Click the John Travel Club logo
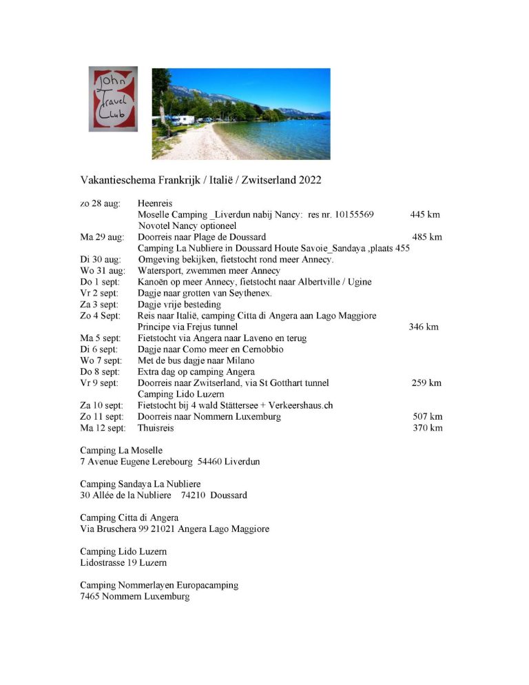pos(112,99)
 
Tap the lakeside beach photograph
pos(240,113)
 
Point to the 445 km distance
pos(425,214)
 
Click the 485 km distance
pos(427,237)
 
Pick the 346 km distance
pos(424,327)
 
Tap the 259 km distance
pos(426,382)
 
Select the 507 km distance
pos(427,416)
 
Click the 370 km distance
pos(427,428)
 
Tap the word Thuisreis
pos(156,428)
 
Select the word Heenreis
pos(155,203)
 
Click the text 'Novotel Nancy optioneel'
pos(187,225)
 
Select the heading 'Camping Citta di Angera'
pos(129,518)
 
